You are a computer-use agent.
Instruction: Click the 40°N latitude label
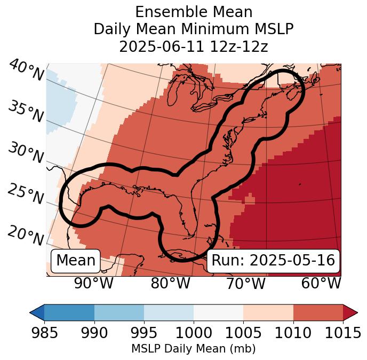26,70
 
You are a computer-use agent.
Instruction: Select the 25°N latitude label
26,194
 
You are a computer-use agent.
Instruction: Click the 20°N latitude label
26,236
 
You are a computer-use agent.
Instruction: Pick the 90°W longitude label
93,284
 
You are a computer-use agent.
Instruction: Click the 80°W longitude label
170,284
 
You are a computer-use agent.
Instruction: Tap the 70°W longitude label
245,284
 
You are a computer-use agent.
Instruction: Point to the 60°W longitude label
321,284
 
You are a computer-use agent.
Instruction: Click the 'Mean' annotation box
76,261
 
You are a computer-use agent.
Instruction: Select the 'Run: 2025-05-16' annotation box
273,261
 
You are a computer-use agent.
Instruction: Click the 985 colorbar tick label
44,333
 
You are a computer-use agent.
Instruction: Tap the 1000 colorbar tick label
194,333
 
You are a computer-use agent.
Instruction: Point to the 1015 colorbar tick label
342,333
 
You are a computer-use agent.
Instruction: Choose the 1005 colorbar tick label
243,333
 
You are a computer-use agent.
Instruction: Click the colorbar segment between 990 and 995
119,312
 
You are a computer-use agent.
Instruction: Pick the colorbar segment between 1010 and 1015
318,312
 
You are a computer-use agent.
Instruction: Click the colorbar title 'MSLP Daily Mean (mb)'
193,349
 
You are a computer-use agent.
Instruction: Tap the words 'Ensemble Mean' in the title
194,12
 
